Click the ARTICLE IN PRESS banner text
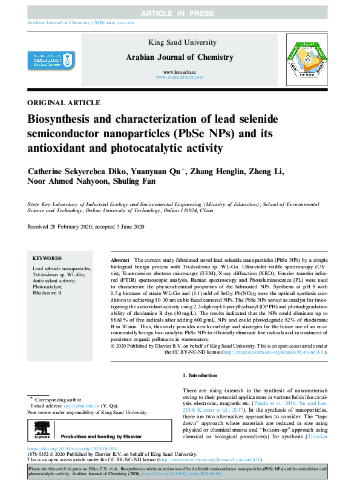point(180,13)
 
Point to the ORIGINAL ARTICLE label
point(64,103)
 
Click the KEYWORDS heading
point(47,258)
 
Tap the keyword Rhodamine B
point(47,292)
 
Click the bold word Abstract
point(120,259)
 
